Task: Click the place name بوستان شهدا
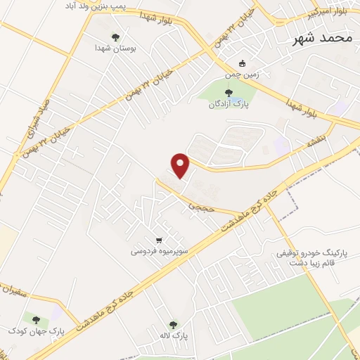click(x=115, y=49)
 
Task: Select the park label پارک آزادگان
click(x=227, y=105)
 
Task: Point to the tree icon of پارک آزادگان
click(x=227, y=92)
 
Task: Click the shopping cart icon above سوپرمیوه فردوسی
click(x=160, y=238)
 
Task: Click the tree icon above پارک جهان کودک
click(x=36, y=319)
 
